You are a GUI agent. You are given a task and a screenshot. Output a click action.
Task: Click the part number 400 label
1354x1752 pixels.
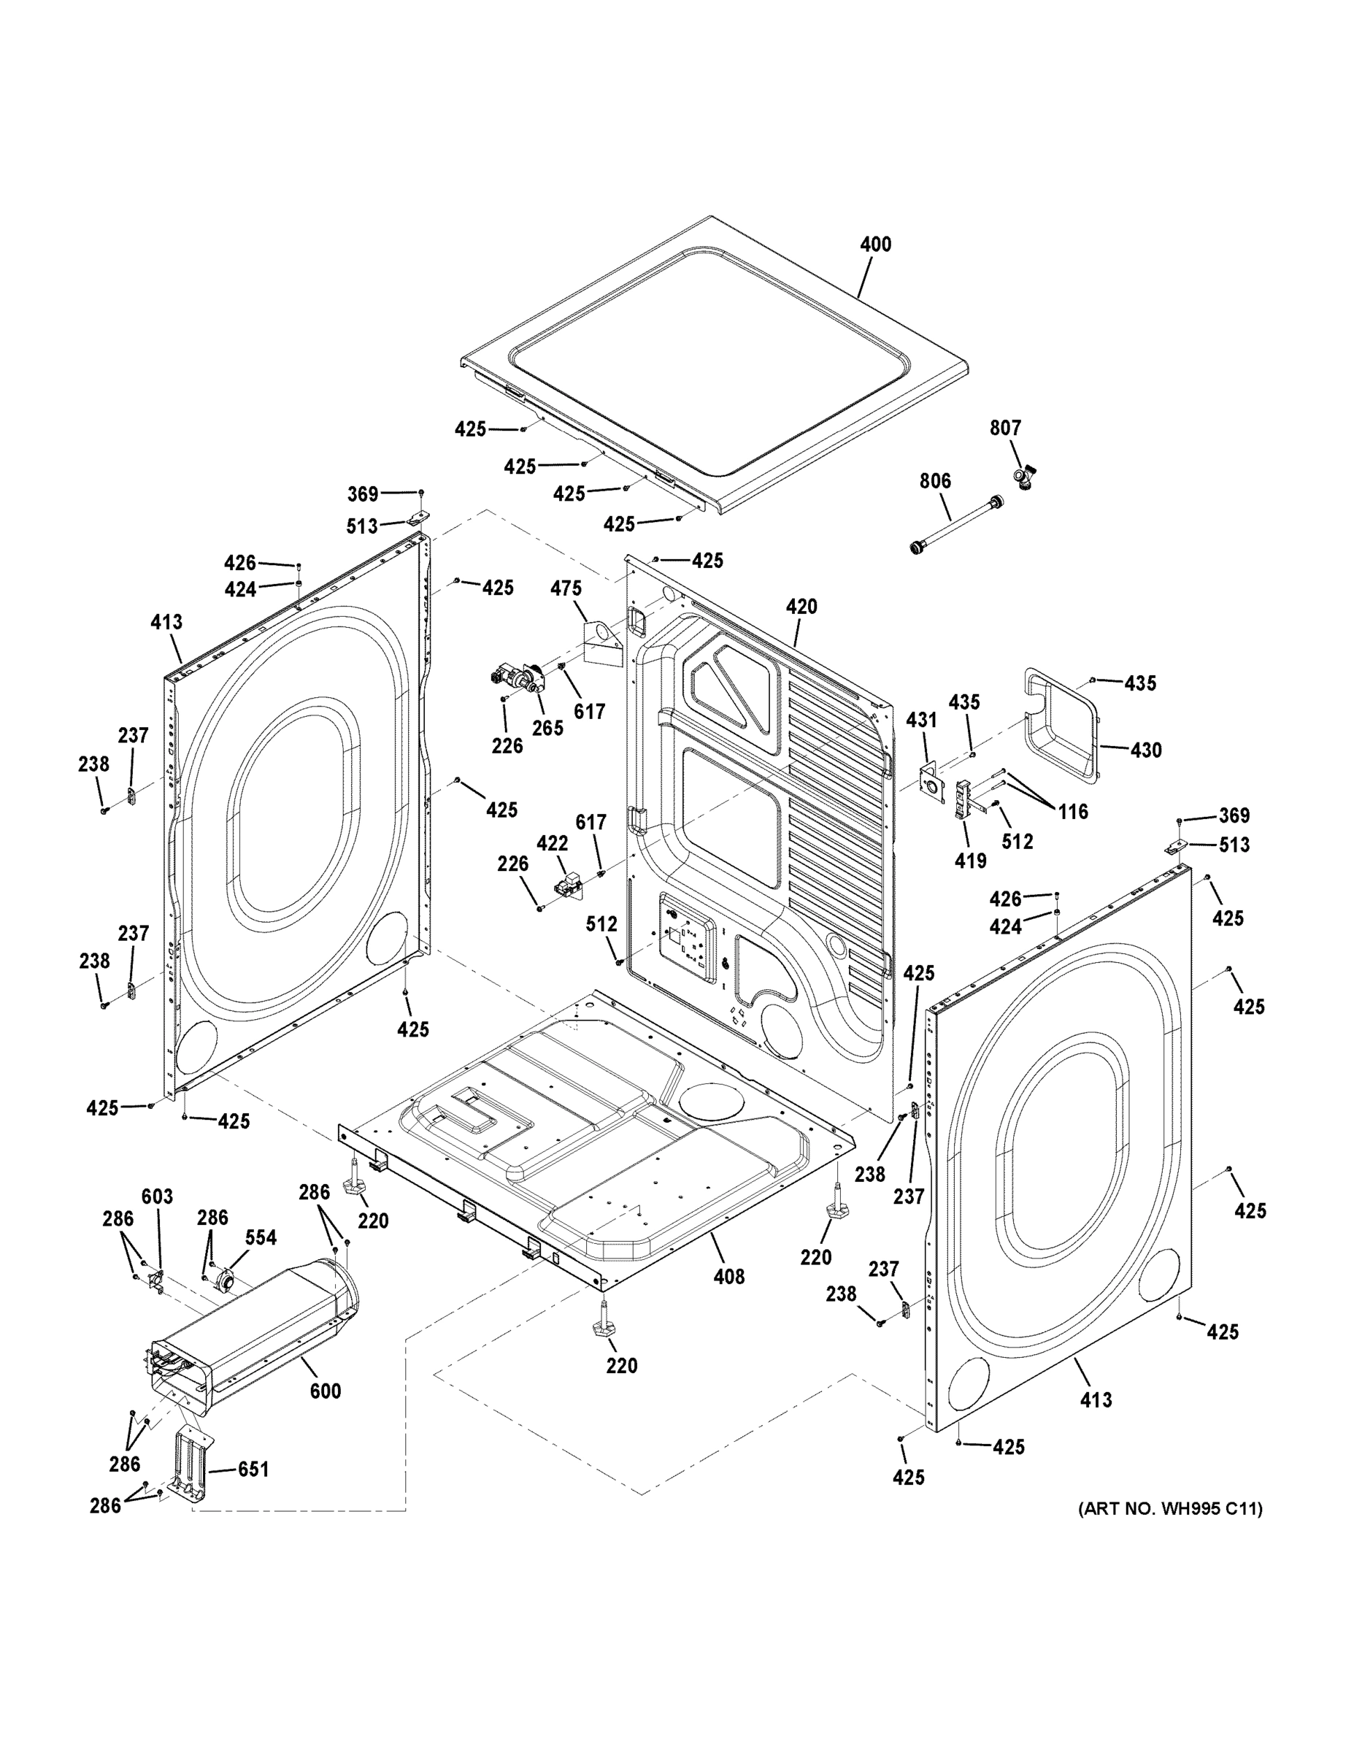click(x=875, y=244)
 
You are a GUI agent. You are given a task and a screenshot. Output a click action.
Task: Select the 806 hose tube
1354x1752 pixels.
click(x=955, y=524)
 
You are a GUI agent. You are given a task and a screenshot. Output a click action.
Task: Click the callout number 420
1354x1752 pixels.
click(x=801, y=607)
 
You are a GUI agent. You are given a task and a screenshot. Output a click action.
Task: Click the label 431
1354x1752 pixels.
click(x=921, y=721)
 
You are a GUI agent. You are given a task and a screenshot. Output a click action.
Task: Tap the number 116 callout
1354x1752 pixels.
click(x=1072, y=811)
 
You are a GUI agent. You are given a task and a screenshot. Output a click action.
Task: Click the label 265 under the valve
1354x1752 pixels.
click(x=548, y=728)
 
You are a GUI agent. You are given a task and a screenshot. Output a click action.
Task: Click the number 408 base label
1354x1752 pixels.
click(x=728, y=1275)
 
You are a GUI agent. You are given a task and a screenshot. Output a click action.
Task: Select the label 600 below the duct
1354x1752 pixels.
click(x=325, y=1390)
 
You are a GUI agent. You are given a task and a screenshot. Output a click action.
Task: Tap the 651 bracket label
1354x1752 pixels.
click(x=253, y=1469)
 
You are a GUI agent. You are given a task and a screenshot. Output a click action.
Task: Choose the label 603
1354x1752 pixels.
click(x=157, y=1197)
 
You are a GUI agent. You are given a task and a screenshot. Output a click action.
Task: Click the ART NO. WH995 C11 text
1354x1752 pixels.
click(x=1169, y=1509)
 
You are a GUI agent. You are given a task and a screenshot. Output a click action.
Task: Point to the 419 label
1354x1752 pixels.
click(x=970, y=861)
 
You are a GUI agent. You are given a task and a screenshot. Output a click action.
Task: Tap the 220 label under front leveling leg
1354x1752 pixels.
click(x=622, y=1365)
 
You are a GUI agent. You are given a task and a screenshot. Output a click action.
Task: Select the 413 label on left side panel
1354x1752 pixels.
click(x=166, y=622)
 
